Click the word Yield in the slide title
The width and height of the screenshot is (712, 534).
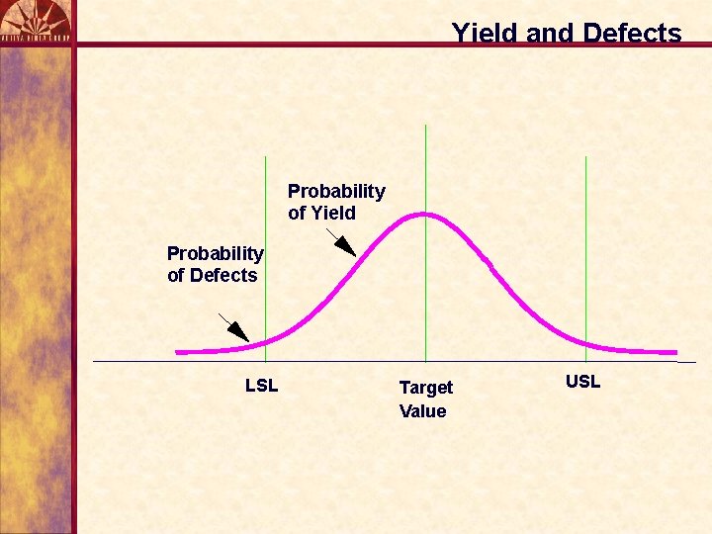click(486, 33)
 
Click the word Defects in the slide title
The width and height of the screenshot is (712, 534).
click(632, 33)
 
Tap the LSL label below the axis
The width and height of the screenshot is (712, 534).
click(262, 386)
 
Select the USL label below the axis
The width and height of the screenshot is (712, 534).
click(582, 382)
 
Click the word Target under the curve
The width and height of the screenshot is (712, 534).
click(426, 388)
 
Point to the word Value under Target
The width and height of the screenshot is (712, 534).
click(423, 411)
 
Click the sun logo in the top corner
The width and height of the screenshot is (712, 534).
click(36, 20)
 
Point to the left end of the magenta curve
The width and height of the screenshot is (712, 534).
click(178, 351)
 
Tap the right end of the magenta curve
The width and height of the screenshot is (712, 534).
click(675, 351)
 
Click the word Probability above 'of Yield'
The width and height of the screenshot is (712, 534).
click(336, 191)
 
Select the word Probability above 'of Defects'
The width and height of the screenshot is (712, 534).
click(216, 254)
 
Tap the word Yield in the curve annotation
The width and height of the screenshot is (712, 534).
click(333, 213)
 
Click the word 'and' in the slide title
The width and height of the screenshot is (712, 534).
click(549, 33)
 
